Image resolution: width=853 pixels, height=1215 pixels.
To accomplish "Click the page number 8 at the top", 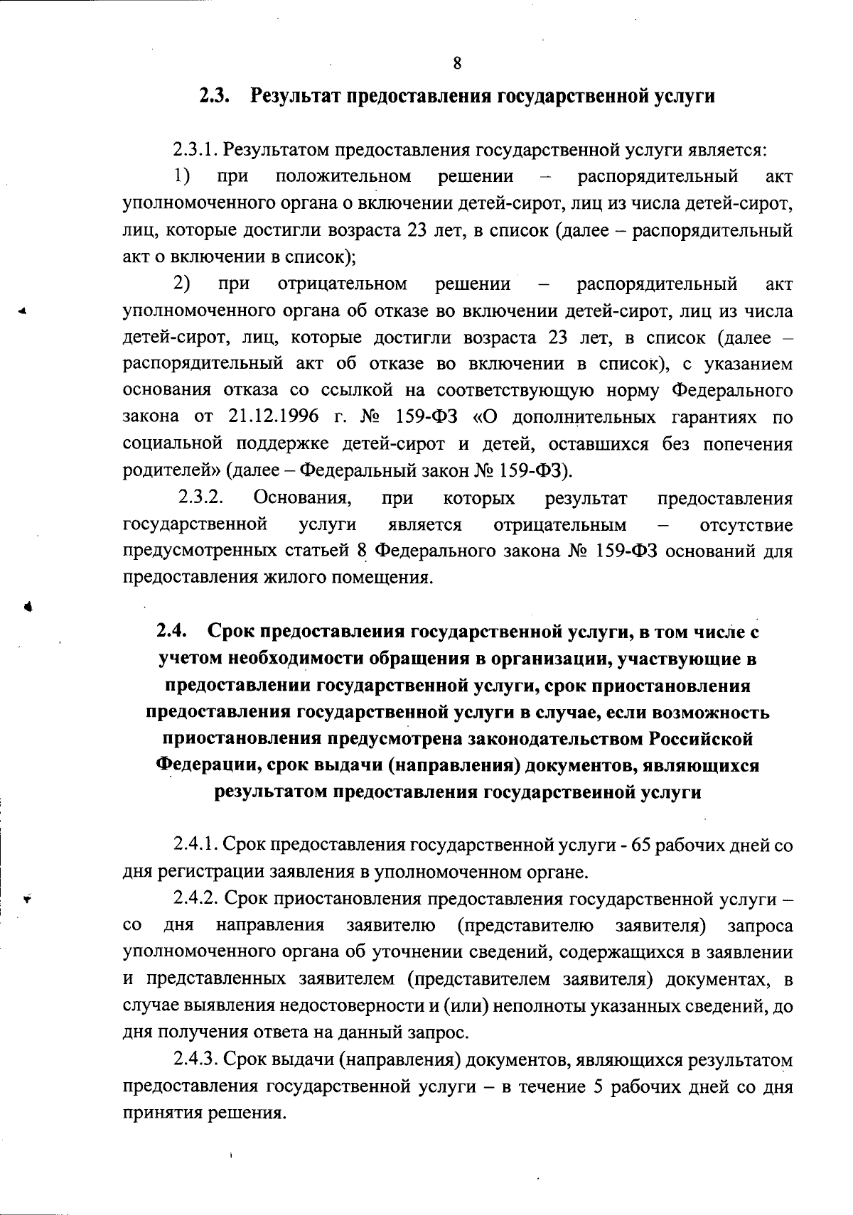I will click(x=457, y=63).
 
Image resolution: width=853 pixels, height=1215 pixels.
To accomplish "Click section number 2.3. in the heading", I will click(x=214, y=96).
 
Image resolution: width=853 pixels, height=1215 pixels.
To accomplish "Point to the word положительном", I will click(x=343, y=176).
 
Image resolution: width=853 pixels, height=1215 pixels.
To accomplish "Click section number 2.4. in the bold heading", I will click(x=171, y=632).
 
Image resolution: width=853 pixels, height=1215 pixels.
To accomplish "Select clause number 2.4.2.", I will click(x=195, y=898).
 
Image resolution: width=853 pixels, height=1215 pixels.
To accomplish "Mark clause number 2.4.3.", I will click(x=195, y=1060).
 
